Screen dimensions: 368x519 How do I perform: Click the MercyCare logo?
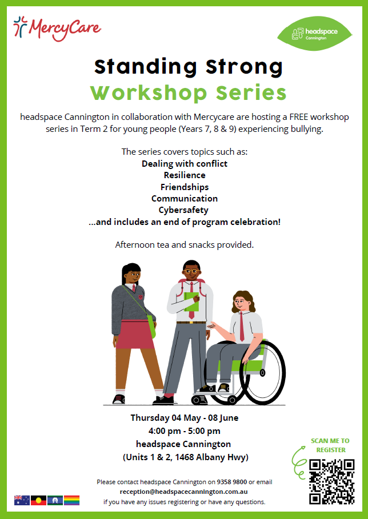coord(57,29)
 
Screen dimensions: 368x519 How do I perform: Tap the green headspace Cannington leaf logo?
coord(315,34)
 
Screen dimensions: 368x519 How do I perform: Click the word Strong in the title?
coord(245,67)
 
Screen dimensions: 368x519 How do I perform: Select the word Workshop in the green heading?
coord(149,92)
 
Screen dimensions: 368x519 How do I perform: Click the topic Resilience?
coord(185,175)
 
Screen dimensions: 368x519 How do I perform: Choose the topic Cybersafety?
coord(183,210)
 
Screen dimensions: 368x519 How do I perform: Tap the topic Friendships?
coord(185,187)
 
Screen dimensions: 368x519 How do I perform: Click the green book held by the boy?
coord(191,302)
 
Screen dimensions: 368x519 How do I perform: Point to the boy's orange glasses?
coord(191,271)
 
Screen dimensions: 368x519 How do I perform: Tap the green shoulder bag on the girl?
coord(151,326)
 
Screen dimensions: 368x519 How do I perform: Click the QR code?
coord(332,481)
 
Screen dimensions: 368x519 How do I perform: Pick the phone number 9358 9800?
coord(232,482)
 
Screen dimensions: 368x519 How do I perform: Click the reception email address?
coord(184,492)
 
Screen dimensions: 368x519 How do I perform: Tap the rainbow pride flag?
coord(71,500)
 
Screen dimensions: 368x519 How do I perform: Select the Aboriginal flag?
coord(38,500)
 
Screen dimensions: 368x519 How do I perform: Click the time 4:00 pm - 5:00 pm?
coord(184,431)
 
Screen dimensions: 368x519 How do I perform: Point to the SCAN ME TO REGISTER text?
coord(330,445)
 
